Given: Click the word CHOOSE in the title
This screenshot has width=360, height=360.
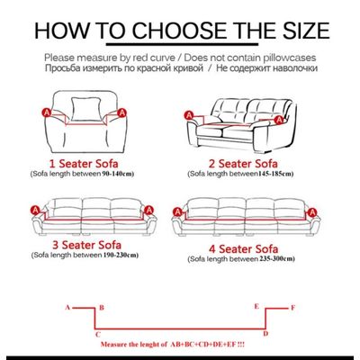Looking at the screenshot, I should click(x=167, y=31).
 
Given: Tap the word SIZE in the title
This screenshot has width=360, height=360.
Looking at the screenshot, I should click(x=291, y=31).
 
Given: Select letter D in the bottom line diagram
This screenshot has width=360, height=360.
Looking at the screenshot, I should click(x=265, y=333).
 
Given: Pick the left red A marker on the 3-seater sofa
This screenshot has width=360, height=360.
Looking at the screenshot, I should click(x=35, y=208).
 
